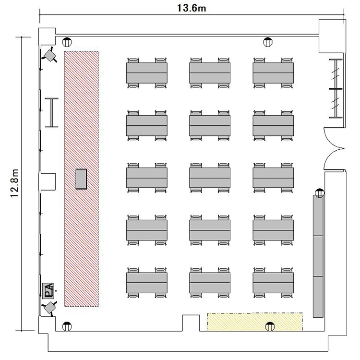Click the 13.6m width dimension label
(x=191, y=8)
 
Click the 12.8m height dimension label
(x=14, y=183)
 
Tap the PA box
(x=48, y=291)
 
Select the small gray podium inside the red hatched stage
(x=81, y=179)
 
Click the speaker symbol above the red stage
(x=49, y=55)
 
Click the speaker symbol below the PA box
(x=49, y=308)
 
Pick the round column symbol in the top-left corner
(x=67, y=42)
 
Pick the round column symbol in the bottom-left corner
(x=67, y=326)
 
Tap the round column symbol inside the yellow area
(x=270, y=326)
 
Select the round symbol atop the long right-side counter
(x=320, y=193)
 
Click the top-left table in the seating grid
(x=147, y=73)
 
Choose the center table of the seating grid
(x=210, y=178)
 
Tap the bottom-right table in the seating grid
(x=273, y=283)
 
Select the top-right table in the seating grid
(x=273, y=73)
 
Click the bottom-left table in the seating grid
(x=147, y=283)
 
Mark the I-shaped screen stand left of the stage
(x=52, y=112)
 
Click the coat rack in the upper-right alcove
(x=336, y=89)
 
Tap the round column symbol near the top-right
(x=268, y=42)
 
